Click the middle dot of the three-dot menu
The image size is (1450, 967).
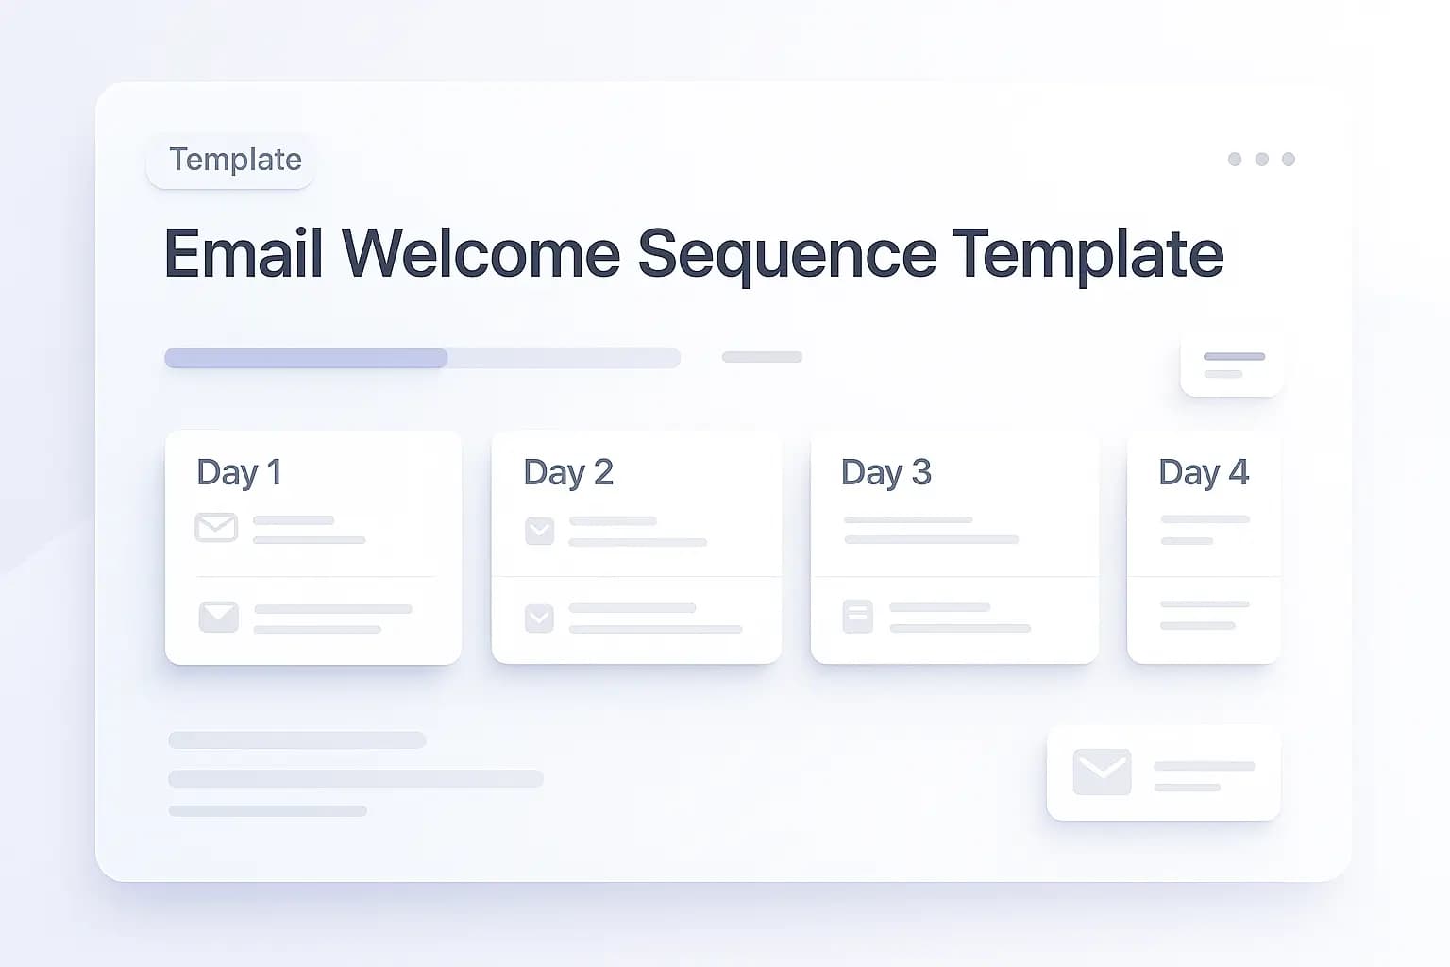pyautogui.click(x=1261, y=159)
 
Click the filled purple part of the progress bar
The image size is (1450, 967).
pyautogui.click(x=306, y=358)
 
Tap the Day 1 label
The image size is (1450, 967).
pyautogui.click(x=239, y=472)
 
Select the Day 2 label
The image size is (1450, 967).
pyautogui.click(x=568, y=472)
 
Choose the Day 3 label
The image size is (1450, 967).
pyautogui.click(x=885, y=472)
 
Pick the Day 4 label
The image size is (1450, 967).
pyautogui.click(x=1203, y=472)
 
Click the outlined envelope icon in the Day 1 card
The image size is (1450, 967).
pyautogui.click(x=216, y=527)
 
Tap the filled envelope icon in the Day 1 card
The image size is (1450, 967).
pyautogui.click(x=218, y=617)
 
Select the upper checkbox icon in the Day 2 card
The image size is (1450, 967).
pyautogui.click(x=539, y=531)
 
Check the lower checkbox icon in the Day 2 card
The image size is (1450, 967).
pyautogui.click(x=539, y=619)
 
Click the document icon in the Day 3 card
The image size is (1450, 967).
pyautogui.click(x=857, y=617)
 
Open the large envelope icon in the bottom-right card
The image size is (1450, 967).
pyautogui.click(x=1102, y=772)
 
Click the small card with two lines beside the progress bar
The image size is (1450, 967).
pyautogui.click(x=1232, y=365)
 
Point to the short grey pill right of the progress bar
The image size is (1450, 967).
pyautogui.click(x=762, y=357)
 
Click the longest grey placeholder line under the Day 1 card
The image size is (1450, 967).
pyautogui.click(x=356, y=779)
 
